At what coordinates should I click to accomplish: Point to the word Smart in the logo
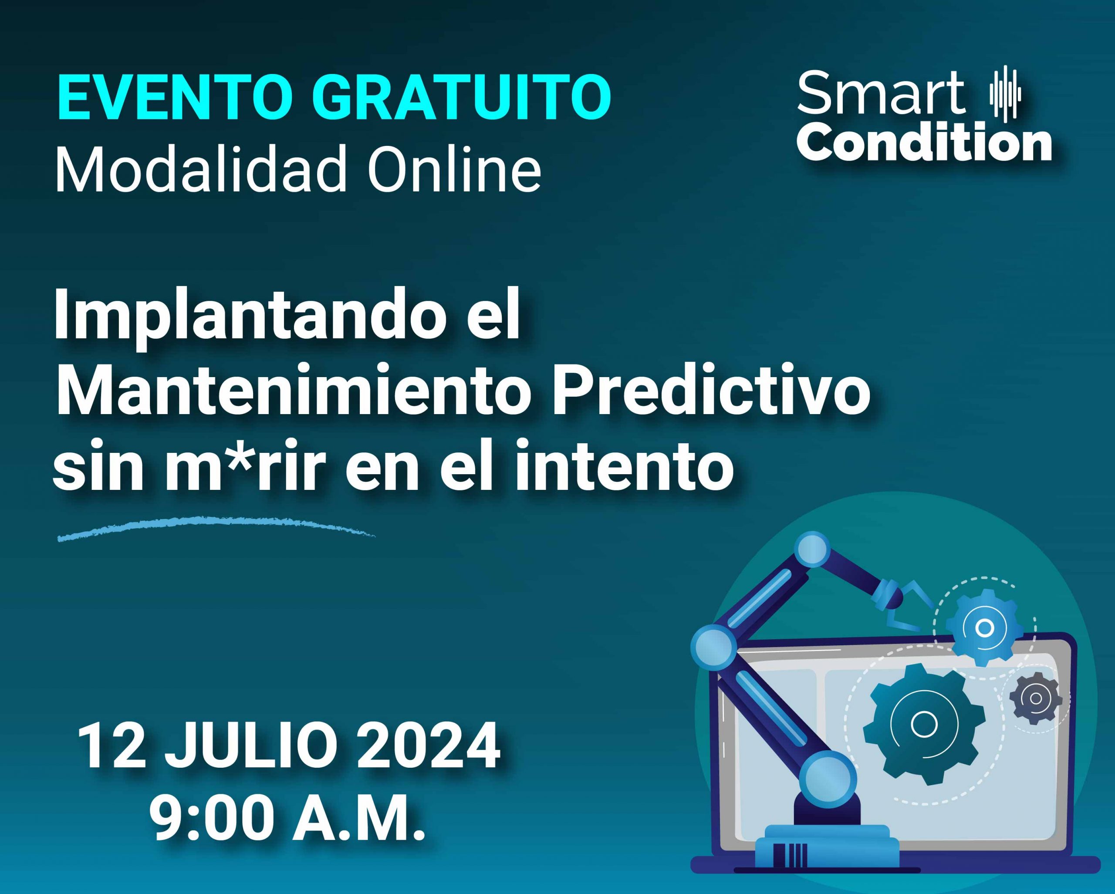(880, 94)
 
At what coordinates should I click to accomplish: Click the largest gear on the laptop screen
(924, 724)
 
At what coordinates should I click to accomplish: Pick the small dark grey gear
(1035, 698)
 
